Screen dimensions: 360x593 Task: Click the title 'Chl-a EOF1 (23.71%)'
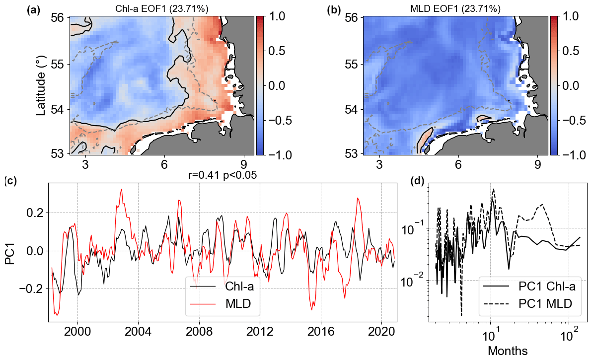(x=162, y=9)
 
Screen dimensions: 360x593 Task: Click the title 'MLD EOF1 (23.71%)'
(x=455, y=9)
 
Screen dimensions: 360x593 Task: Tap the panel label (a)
(x=34, y=9)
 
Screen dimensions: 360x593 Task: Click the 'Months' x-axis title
(x=508, y=351)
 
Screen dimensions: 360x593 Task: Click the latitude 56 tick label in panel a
(x=57, y=17)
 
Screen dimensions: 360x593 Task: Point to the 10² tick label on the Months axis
(x=567, y=340)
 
